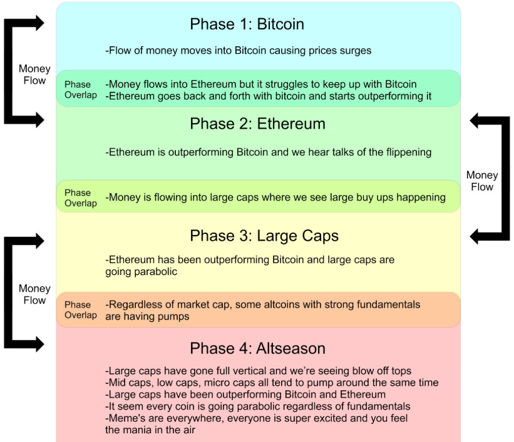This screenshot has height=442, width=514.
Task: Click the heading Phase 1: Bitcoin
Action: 247,24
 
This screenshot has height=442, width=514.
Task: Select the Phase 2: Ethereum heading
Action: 257,124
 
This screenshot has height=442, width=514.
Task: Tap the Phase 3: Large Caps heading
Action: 264,236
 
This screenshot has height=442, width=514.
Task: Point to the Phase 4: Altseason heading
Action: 257,348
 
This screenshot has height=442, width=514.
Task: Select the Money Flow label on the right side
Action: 482,181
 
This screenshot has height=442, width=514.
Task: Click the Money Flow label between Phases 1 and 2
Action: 34,74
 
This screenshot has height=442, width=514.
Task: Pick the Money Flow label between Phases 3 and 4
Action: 34,294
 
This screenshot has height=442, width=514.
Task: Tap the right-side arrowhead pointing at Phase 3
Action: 476,236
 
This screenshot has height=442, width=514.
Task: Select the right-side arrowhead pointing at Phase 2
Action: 476,121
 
